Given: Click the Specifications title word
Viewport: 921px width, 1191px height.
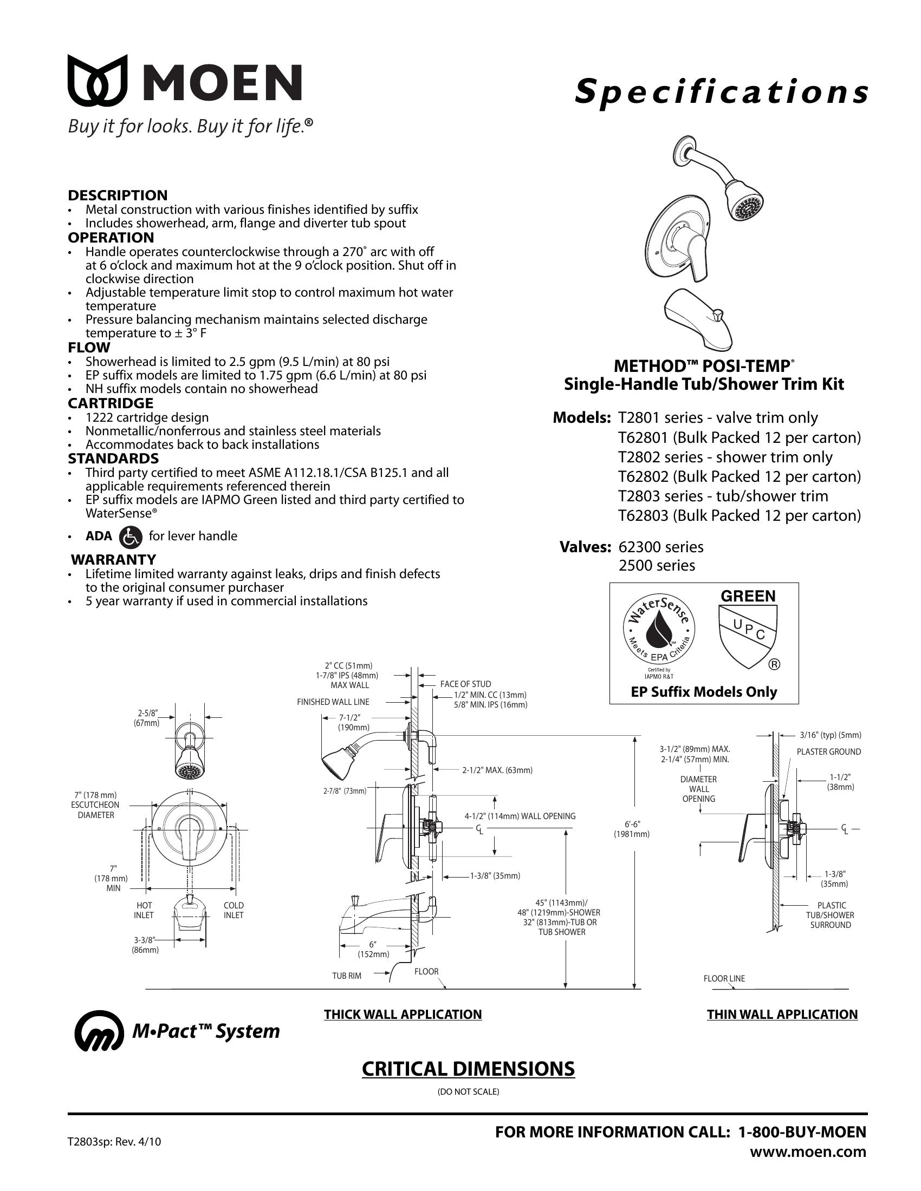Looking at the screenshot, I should click(x=721, y=91).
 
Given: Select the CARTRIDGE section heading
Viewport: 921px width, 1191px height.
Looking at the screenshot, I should click(x=110, y=403).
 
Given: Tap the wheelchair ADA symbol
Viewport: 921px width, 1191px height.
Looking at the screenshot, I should click(x=131, y=536).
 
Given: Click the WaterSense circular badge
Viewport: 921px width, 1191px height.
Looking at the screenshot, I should click(x=660, y=632).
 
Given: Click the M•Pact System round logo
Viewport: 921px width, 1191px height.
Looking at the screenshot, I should click(x=99, y=1031).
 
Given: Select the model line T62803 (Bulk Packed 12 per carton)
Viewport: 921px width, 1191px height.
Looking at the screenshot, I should click(x=739, y=515).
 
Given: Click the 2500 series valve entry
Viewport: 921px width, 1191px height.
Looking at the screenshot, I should click(x=657, y=566).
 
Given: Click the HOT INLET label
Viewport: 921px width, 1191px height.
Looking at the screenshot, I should click(x=144, y=910).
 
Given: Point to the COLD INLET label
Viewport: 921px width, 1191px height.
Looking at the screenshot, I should click(x=234, y=910).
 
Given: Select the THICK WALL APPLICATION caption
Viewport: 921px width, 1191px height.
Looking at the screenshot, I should click(x=403, y=1015).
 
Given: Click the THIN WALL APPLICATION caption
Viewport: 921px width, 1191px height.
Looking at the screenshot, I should click(x=782, y=1015).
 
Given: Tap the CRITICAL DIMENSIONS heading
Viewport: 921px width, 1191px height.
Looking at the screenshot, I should click(x=468, y=1069).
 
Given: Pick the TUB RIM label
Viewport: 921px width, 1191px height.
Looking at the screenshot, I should click(x=347, y=976).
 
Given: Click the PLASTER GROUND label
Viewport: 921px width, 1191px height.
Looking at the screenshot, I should click(x=828, y=752).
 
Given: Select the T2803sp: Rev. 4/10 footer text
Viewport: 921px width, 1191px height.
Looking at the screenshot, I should click(x=114, y=1141).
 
